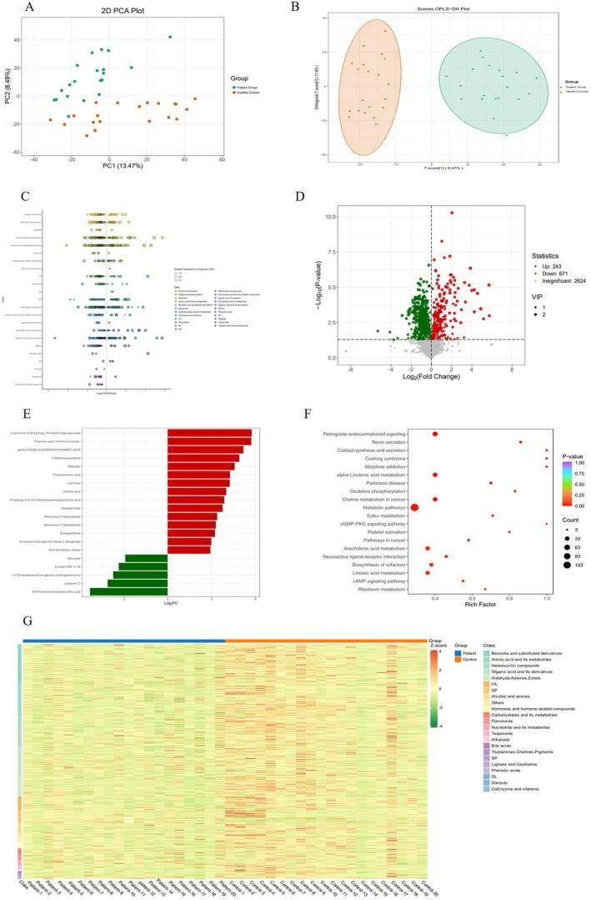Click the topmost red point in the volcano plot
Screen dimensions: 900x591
click(452, 213)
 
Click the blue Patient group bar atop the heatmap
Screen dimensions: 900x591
click(124, 641)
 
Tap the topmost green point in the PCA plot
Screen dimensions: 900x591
click(169, 37)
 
